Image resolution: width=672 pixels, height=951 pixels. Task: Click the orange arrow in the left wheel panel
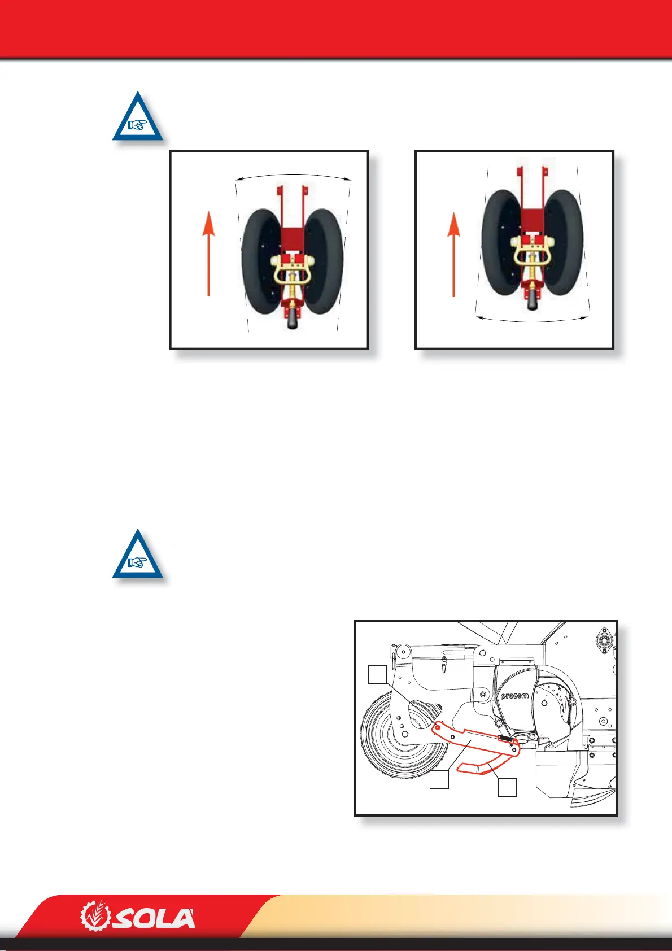[209, 254]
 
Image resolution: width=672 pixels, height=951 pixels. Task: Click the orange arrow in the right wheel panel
[453, 254]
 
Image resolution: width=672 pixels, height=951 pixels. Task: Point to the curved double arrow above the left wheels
[293, 176]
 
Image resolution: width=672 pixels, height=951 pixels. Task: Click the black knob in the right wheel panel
[533, 300]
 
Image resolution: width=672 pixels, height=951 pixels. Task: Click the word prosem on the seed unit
[514, 696]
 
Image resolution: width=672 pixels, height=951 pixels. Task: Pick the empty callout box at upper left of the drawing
[378, 675]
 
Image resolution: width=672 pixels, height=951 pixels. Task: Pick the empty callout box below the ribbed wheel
[439, 779]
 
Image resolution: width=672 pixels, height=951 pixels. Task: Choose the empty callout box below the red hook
[507, 787]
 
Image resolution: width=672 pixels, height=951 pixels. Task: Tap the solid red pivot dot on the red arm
[437, 728]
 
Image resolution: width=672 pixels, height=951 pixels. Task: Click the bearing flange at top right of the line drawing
[603, 640]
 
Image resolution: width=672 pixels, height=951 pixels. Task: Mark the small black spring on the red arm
[505, 738]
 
